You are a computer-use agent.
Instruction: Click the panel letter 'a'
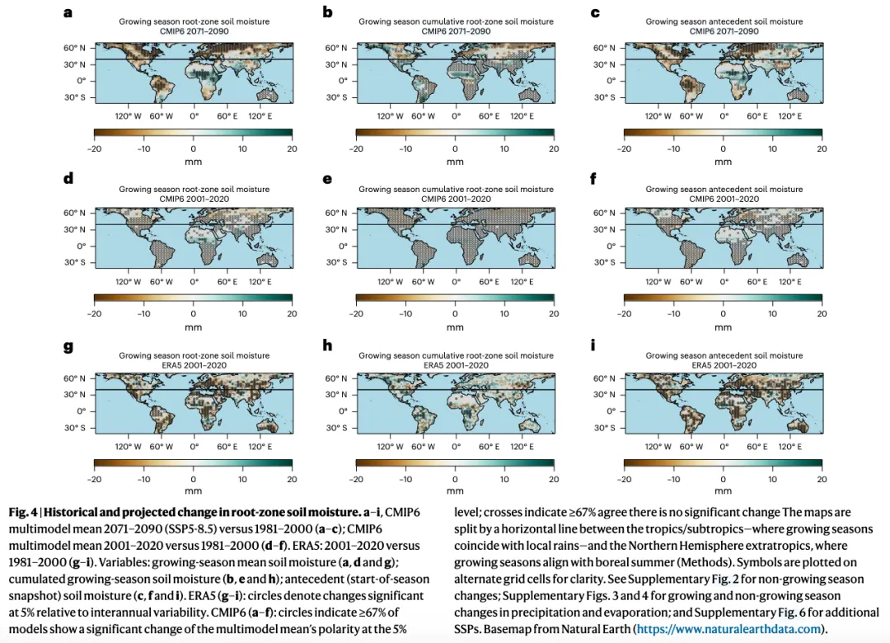pos(68,12)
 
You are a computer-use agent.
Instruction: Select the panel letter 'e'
pos(328,178)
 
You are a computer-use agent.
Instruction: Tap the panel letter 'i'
pos(595,345)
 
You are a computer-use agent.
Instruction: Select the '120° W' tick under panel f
pos(657,281)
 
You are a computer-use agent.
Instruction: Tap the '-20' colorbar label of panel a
pos(93,148)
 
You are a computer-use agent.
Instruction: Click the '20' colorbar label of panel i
pos(821,479)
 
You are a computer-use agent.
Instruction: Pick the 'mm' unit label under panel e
pos(455,327)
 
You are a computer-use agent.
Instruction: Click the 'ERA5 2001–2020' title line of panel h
pos(455,365)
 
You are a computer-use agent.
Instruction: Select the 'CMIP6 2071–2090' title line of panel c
pos(723,31)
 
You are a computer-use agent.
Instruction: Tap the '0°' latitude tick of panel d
pos(80,246)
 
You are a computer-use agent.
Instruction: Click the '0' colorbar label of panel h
pos(455,479)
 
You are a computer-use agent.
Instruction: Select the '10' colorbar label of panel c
pos(772,148)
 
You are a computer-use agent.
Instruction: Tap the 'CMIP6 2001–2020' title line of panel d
pos(193,199)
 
